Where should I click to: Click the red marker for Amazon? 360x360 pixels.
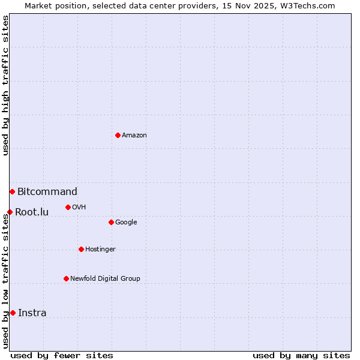(x=118, y=135)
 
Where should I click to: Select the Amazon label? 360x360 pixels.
(x=134, y=136)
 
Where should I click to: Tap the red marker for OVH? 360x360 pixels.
(x=68, y=207)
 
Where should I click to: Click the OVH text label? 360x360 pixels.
(x=79, y=208)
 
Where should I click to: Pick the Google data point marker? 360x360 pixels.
(x=111, y=222)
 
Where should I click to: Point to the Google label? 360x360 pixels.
(x=126, y=223)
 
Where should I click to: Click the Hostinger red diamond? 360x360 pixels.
(x=81, y=249)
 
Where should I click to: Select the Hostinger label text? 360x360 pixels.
(x=100, y=250)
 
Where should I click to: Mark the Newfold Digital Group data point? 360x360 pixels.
(x=66, y=278)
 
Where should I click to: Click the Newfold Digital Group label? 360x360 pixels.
(x=105, y=279)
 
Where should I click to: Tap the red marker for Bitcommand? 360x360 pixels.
(x=12, y=191)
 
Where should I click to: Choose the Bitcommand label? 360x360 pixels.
(x=47, y=192)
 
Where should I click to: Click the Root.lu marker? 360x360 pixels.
(x=10, y=212)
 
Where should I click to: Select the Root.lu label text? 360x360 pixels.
(x=32, y=212)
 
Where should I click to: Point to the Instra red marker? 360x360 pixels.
(x=13, y=313)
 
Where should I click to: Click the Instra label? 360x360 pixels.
(x=32, y=313)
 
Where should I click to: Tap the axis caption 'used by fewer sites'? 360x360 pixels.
(x=62, y=356)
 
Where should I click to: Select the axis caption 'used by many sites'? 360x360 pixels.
(x=301, y=356)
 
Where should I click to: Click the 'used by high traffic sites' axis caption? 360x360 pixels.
(x=6, y=85)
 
